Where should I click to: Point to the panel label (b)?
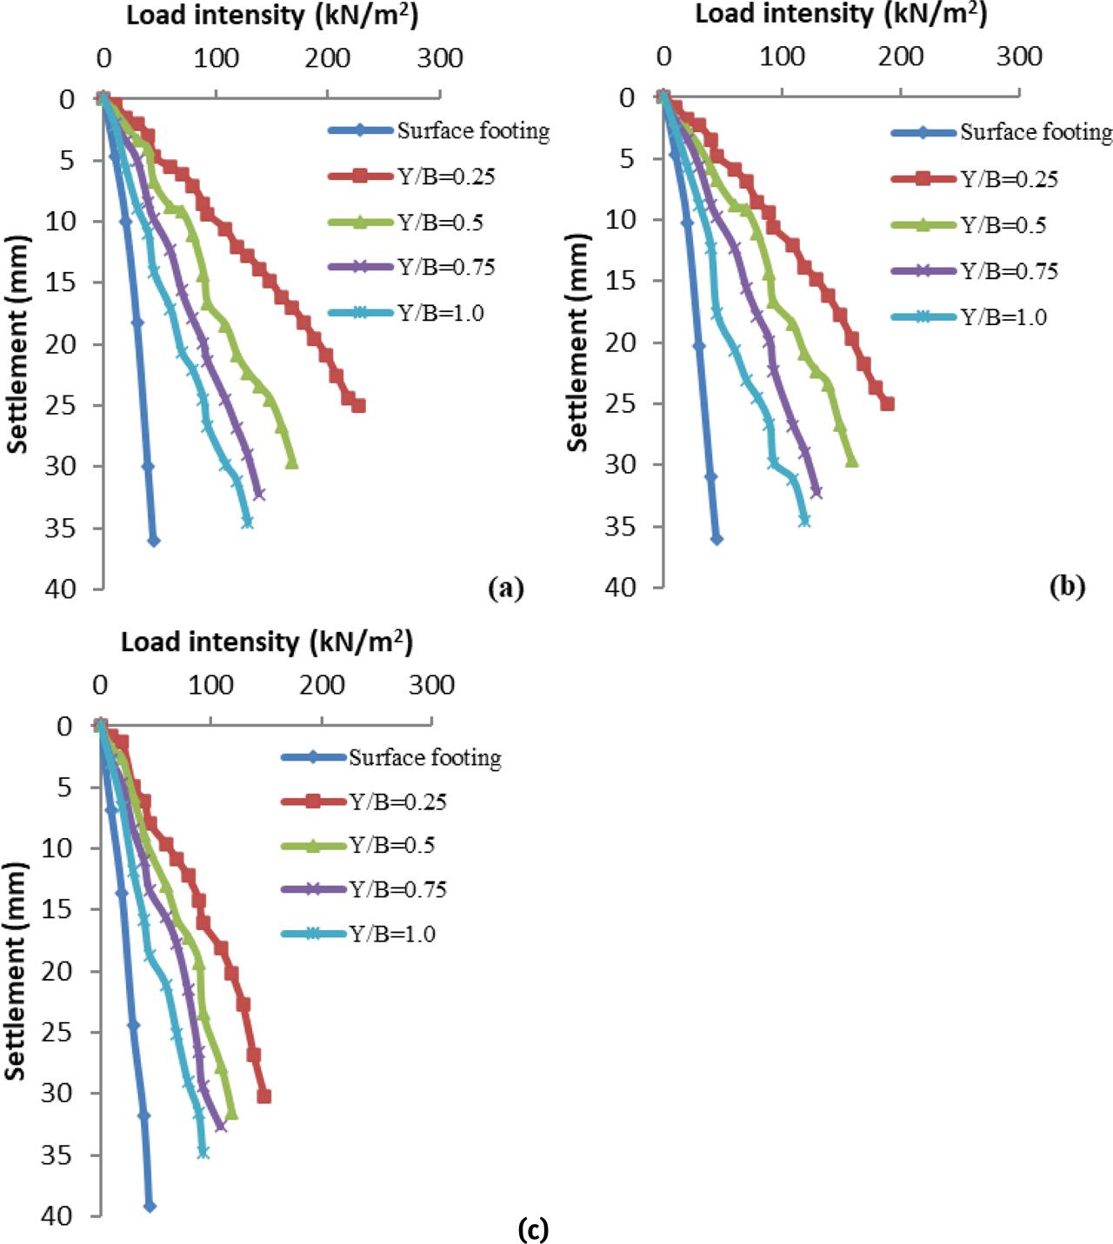click(x=1067, y=587)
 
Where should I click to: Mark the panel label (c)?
click(x=532, y=1229)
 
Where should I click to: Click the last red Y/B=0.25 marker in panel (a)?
click(x=357, y=405)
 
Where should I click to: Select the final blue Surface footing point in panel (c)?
click(x=150, y=1206)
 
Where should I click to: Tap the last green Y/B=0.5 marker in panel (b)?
click(x=852, y=462)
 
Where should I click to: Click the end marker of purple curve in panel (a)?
click(x=258, y=494)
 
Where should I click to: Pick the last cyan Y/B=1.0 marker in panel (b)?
click(x=804, y=520)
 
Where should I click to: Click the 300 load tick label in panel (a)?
click(x=440, y=58)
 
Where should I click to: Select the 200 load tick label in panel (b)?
click(x=901, y=57)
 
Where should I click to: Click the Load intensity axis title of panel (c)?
click(x=266, y=642)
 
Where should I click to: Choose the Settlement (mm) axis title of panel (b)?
click(x=577, y=342)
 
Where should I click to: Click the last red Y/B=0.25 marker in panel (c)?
click(x=263, y=1096)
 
